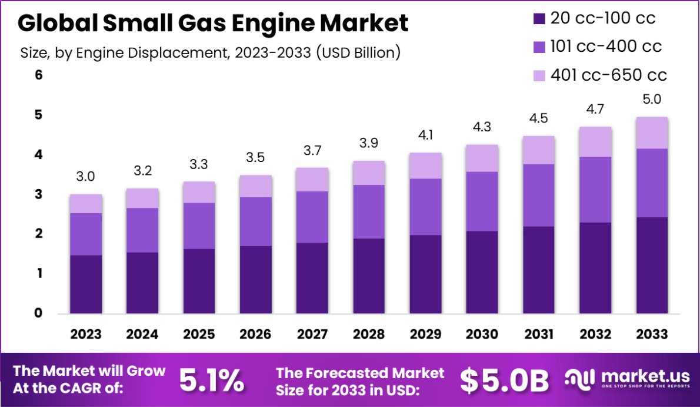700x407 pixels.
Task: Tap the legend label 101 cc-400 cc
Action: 606,47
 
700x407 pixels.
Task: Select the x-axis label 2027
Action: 312,335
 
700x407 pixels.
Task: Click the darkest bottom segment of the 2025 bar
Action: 199,281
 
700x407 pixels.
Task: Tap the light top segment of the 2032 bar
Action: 596,141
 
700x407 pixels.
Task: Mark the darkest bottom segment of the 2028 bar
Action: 369,276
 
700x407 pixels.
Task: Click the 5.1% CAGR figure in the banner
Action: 212,381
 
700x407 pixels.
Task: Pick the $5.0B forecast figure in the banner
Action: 505,381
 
